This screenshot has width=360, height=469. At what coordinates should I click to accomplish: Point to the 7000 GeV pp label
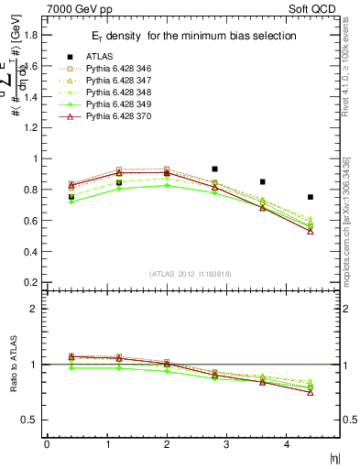80,7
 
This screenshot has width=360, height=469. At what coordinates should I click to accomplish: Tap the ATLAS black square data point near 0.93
214,169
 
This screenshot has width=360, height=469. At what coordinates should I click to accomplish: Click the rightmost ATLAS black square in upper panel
311,197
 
